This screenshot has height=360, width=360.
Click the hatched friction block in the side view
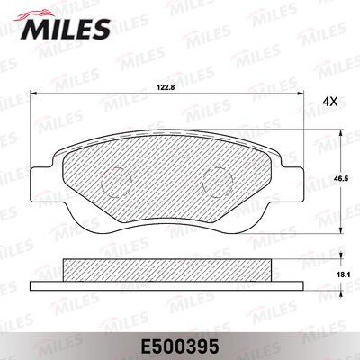pyautogui.click(x=166, y=270)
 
